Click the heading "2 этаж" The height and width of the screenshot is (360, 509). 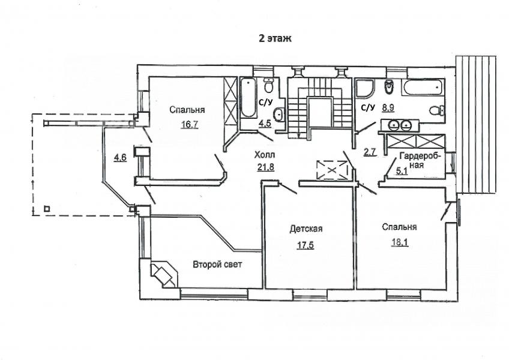[x=274, y=37]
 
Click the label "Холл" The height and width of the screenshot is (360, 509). [x=265, y=154]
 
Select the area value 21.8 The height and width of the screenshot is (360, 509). [x=266, y=167]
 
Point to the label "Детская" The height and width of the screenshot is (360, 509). [x=306, y=229]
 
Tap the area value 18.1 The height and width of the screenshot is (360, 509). [x=398, y=243]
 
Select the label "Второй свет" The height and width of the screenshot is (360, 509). [x=217, y=264]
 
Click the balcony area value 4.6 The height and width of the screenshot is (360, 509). [x=119, y=158]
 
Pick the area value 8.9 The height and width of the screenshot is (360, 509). [x=387, y=108]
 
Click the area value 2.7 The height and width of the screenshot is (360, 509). [x=370, y=152]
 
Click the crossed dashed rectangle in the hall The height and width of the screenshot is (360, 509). [x=331, y=170]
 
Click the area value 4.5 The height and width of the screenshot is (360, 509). [x=265, y=124]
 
